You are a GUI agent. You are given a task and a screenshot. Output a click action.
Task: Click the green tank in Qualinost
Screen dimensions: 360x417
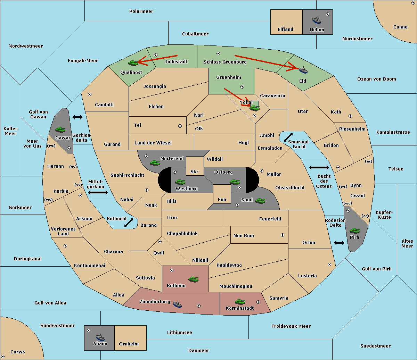[x=133, y=63]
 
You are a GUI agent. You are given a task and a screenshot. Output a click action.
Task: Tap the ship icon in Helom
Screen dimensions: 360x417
[x=317, y=20]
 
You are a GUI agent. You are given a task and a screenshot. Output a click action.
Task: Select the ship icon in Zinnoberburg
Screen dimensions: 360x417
[x=178, y=304]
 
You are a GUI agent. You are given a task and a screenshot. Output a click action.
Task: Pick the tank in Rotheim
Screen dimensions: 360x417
[x=193, y=279]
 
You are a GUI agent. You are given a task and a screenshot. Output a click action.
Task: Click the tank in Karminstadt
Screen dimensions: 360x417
[x=240, y=302]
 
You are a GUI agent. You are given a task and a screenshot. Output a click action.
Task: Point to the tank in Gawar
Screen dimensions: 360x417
[x=60, y=129]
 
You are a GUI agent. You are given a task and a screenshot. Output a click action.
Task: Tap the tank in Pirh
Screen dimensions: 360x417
[x=354, y=231]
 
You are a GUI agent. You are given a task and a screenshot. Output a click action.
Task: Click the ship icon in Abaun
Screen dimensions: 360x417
[x=100, y=337]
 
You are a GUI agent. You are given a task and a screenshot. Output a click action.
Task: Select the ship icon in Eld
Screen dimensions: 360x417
[x=303, y=70]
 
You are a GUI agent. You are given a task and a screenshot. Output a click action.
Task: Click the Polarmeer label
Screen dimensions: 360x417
[x=141, y=11]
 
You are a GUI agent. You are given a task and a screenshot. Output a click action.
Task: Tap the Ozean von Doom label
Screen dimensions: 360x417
[x=376, y=79]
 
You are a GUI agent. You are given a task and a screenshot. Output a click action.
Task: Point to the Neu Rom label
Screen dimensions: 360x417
[x=244, y=236]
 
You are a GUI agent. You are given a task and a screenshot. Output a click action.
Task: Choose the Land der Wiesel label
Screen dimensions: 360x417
[x=153, y=143]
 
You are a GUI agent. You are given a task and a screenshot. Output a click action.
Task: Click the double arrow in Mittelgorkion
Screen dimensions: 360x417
[x=98, y=192]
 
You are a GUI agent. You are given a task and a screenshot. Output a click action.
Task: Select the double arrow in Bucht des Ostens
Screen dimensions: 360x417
[x=319, y=168]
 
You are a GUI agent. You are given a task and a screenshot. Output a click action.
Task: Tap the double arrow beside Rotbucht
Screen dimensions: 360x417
[x=129, y=223]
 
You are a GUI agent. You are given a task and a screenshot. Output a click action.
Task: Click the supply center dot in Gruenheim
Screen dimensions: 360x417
[x=242, y=87]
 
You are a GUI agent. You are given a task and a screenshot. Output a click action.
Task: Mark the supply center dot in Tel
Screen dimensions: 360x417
[x=180, y=126]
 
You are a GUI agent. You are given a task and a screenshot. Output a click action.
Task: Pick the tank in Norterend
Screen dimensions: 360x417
[x=155, y=163]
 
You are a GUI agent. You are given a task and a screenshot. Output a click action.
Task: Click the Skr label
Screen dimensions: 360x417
[x=195, y=172]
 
